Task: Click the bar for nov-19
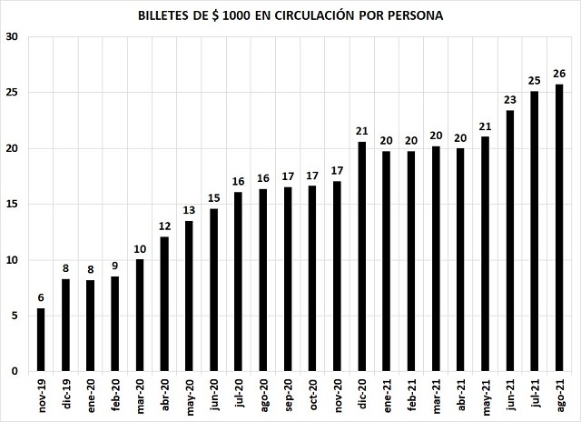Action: click(x=40, y=340)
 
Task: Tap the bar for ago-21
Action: click(x=559, y=227)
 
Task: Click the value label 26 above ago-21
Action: click(x=559, y=74)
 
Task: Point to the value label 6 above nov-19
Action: click(x=40, y=297)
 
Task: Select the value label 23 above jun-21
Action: click(x=509, y=99)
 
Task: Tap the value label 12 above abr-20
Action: click(x=164, y=226)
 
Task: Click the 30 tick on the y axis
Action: click(x=12, y=37)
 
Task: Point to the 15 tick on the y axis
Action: click(x=12, y=205)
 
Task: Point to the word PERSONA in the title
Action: click(x=416, y=16)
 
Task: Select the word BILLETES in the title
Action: click(x=166, y=16)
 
